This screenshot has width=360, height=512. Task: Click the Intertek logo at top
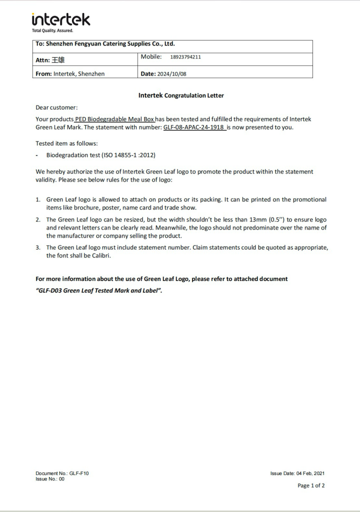pos(61,19)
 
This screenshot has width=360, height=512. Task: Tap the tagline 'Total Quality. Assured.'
pos(52,30)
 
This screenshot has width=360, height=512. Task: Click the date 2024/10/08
pos(172,73)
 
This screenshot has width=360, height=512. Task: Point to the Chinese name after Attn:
pos(58,60)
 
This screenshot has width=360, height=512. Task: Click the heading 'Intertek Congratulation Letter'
pos(181,95)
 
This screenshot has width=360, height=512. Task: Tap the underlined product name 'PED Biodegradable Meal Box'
pos(114,119)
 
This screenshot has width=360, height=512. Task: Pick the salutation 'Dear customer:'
pos(57,107)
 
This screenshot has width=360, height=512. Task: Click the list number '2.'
pos(38,219)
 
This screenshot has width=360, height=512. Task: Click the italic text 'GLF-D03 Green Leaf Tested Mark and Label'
pos(99,290)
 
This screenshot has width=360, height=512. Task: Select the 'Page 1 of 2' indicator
pos(311,485)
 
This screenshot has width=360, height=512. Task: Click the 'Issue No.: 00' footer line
pos(50,479)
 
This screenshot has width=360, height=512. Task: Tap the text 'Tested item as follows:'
pos(66,143)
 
